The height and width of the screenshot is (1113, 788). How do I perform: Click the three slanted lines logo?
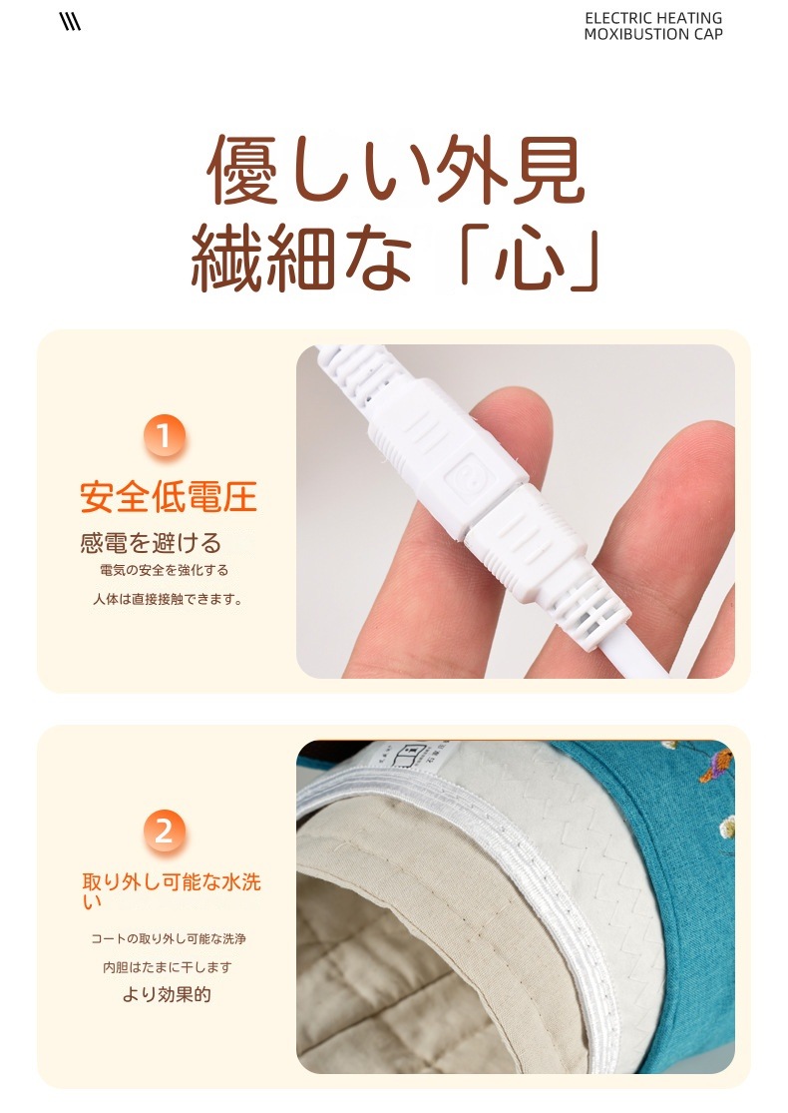coord(70,22)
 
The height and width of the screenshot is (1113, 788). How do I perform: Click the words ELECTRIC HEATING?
coord(652,18)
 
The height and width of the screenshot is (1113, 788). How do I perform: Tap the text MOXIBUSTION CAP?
coord(652,34)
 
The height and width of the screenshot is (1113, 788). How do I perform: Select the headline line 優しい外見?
coord(395,172)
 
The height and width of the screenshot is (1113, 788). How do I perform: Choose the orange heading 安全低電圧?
coord(169,495)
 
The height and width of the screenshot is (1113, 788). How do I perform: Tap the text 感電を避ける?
coord(151,542)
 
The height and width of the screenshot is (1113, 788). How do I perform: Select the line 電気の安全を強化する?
coord(165,570)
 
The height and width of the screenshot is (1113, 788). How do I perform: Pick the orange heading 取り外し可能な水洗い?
coord(172,890)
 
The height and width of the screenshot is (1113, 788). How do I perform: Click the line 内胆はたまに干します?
coord(168,967)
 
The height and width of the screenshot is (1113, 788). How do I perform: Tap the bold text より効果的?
coord(167,995)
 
